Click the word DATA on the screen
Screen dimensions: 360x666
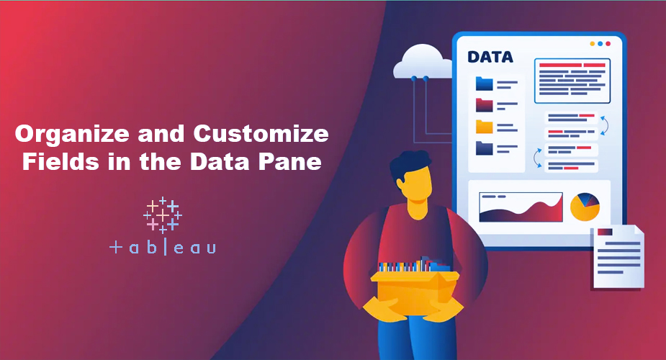pos(490,57)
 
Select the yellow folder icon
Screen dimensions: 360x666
pos(484,127)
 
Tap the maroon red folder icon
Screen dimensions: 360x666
pos(484,105)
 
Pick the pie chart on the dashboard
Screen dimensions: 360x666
pos(585,207)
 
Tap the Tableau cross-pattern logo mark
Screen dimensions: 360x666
pos(163,215)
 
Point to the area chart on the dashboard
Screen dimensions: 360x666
pos(521,207)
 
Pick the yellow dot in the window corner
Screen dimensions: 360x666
pos(593,43)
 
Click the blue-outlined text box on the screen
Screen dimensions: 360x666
pos(572,81)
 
